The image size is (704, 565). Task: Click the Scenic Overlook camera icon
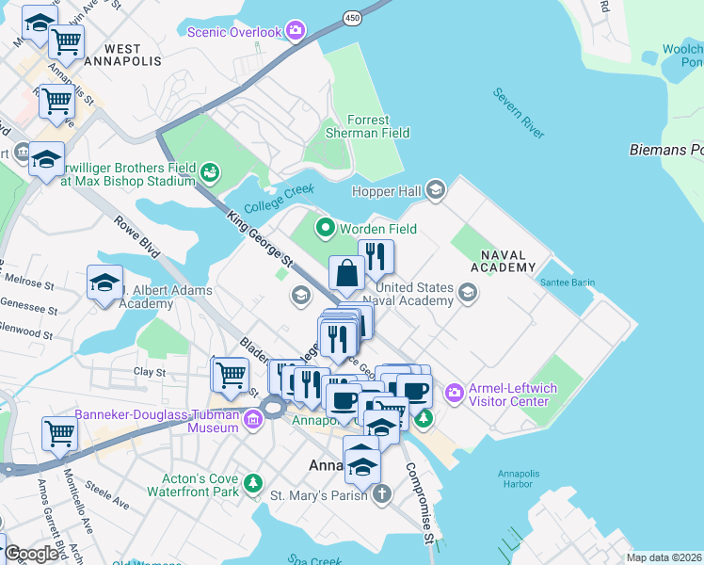[x=296, y=32]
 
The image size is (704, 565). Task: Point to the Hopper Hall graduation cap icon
[x=435, y=190]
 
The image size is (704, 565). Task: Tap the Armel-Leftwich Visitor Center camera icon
[x=454, y=391]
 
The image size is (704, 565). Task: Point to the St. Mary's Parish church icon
[x=382, y=493]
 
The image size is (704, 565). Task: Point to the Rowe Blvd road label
[x=133, y=236]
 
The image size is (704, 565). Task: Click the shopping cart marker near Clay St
[x=230, y=375]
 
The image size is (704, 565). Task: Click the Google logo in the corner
[x=31, y=555]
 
